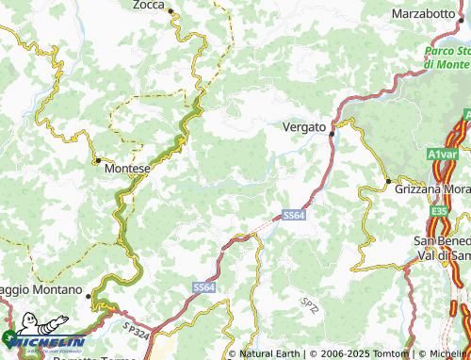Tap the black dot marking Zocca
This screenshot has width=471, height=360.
point(171,10)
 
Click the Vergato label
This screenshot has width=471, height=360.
point(304,126)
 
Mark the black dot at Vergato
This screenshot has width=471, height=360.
point(332,133)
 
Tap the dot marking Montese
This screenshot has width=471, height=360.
point(98,161)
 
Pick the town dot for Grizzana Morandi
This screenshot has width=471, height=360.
point(387,180)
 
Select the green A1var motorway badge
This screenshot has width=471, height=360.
point(441,153)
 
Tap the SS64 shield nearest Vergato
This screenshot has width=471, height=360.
point(294,216)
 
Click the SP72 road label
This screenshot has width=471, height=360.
point(310,303)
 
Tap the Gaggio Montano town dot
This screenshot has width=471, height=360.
point(89,296)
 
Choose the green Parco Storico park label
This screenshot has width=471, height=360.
point(447,57)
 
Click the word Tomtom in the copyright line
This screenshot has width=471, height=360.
point(391,354)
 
